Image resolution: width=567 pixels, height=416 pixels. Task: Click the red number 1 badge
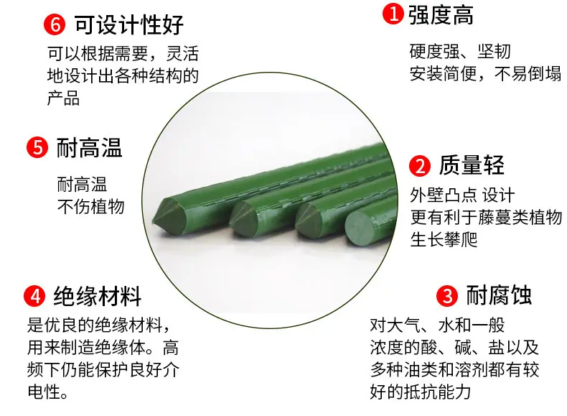click(x=392, y=14)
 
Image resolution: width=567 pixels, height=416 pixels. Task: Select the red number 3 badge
click(x=447, y=295)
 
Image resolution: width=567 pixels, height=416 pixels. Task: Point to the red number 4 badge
click(x=34, y=296)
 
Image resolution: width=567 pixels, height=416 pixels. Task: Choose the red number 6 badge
click(x=55, y=24)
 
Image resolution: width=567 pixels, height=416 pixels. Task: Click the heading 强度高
click(x=441, y=14)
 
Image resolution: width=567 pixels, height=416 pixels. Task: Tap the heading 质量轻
click(x=472, y=166)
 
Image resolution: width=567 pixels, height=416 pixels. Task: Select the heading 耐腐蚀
click(x=499, y=295)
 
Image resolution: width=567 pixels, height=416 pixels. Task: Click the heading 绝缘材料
click(x=98, y=296)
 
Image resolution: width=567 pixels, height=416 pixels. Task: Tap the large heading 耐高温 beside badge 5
click(x=90, y=147)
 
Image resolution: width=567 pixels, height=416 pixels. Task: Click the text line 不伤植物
click(x=90, y=207)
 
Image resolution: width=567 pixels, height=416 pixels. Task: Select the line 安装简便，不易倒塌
click(x=485, y=73)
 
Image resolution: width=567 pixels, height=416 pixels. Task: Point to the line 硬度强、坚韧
click(x=459, y=52)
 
